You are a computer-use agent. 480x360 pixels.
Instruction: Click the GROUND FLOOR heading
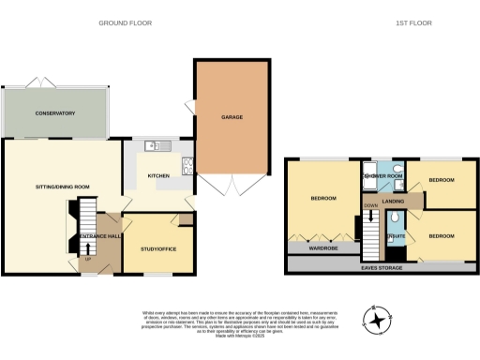pyautogui.click(x=126, y=22)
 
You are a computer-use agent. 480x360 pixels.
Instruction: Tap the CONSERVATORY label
pyautogui.click(x=55, y=113)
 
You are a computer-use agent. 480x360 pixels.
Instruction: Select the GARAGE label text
pyautogui.click(x=232, y=118)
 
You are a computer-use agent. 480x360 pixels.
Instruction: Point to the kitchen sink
pyautogui.click(x=156, y=145)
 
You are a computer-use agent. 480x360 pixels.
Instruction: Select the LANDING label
pyautogui.click(x=393, y=202)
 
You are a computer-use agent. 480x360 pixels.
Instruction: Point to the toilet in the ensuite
pyautogui.click(x=396, y=219)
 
